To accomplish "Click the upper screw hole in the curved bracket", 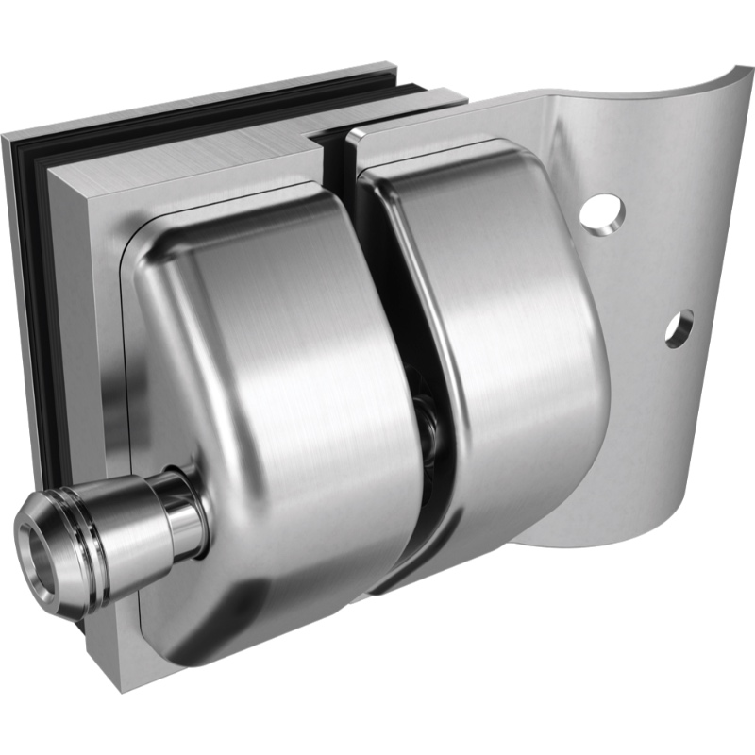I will pos(601,211).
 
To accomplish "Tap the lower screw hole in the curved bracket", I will pos(679,327).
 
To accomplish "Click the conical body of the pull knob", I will pos(132,528).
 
